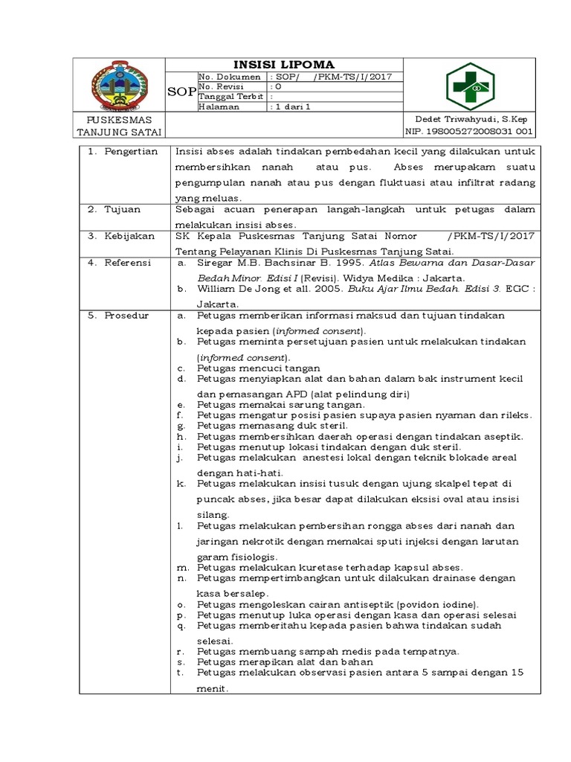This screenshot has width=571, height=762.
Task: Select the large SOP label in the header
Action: coord(184,92)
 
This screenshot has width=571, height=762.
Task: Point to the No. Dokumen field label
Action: coord(230,77)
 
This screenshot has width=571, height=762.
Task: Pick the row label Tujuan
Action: coord(123,209)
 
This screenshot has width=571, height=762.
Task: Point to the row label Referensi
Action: coord(128,263)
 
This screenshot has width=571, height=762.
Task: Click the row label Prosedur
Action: coord(126,315)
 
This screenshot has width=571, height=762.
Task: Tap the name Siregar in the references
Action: coord(215,263)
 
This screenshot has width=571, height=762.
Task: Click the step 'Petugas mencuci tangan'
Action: coord(259,368)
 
